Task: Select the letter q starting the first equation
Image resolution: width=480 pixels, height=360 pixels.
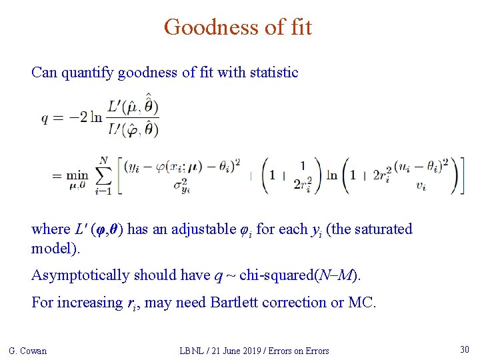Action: coord(45,118)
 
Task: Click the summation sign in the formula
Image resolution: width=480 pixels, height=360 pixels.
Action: coord(103,176)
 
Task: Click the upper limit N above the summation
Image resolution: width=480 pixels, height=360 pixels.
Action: coord(103,159)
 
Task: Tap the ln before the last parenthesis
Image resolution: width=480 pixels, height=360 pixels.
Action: coord(331,176)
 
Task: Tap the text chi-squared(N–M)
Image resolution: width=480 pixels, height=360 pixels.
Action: coord(316,275)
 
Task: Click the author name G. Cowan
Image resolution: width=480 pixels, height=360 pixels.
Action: coord(27,351)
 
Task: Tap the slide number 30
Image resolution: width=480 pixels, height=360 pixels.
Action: coord(464,349)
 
